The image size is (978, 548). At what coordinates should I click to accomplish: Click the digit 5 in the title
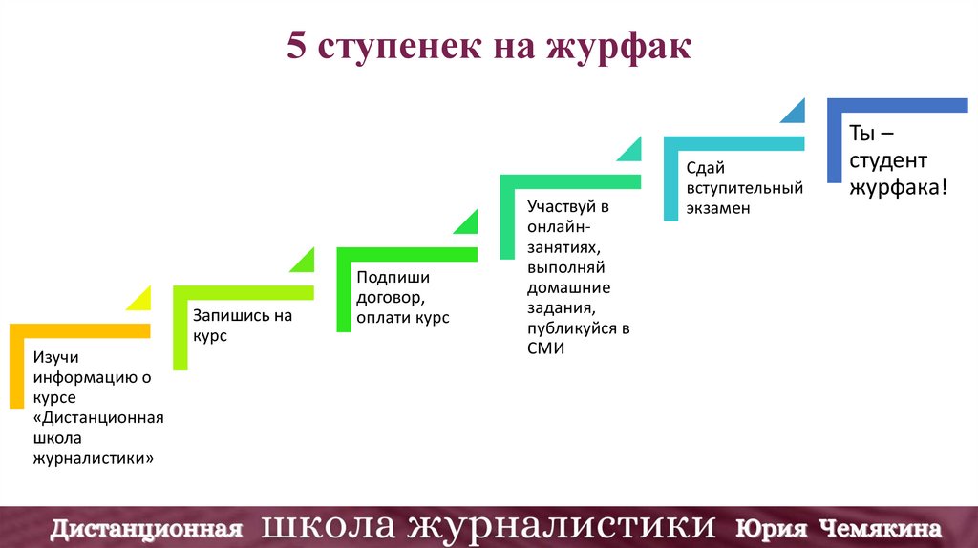(296, 48)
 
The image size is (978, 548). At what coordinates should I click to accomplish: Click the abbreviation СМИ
(546, 348)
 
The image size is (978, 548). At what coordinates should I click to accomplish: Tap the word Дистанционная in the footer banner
(143, 527)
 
